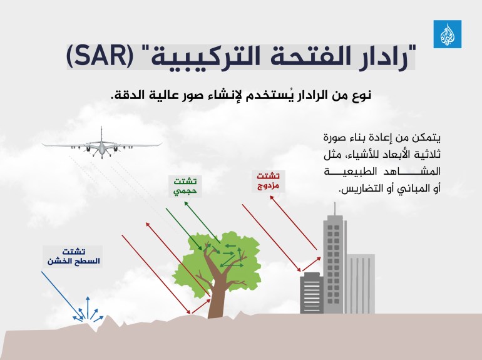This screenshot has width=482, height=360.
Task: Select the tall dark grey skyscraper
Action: [332, 263]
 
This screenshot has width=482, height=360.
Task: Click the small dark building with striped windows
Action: [310, 294]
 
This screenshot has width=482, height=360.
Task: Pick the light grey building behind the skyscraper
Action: [361, 282]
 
